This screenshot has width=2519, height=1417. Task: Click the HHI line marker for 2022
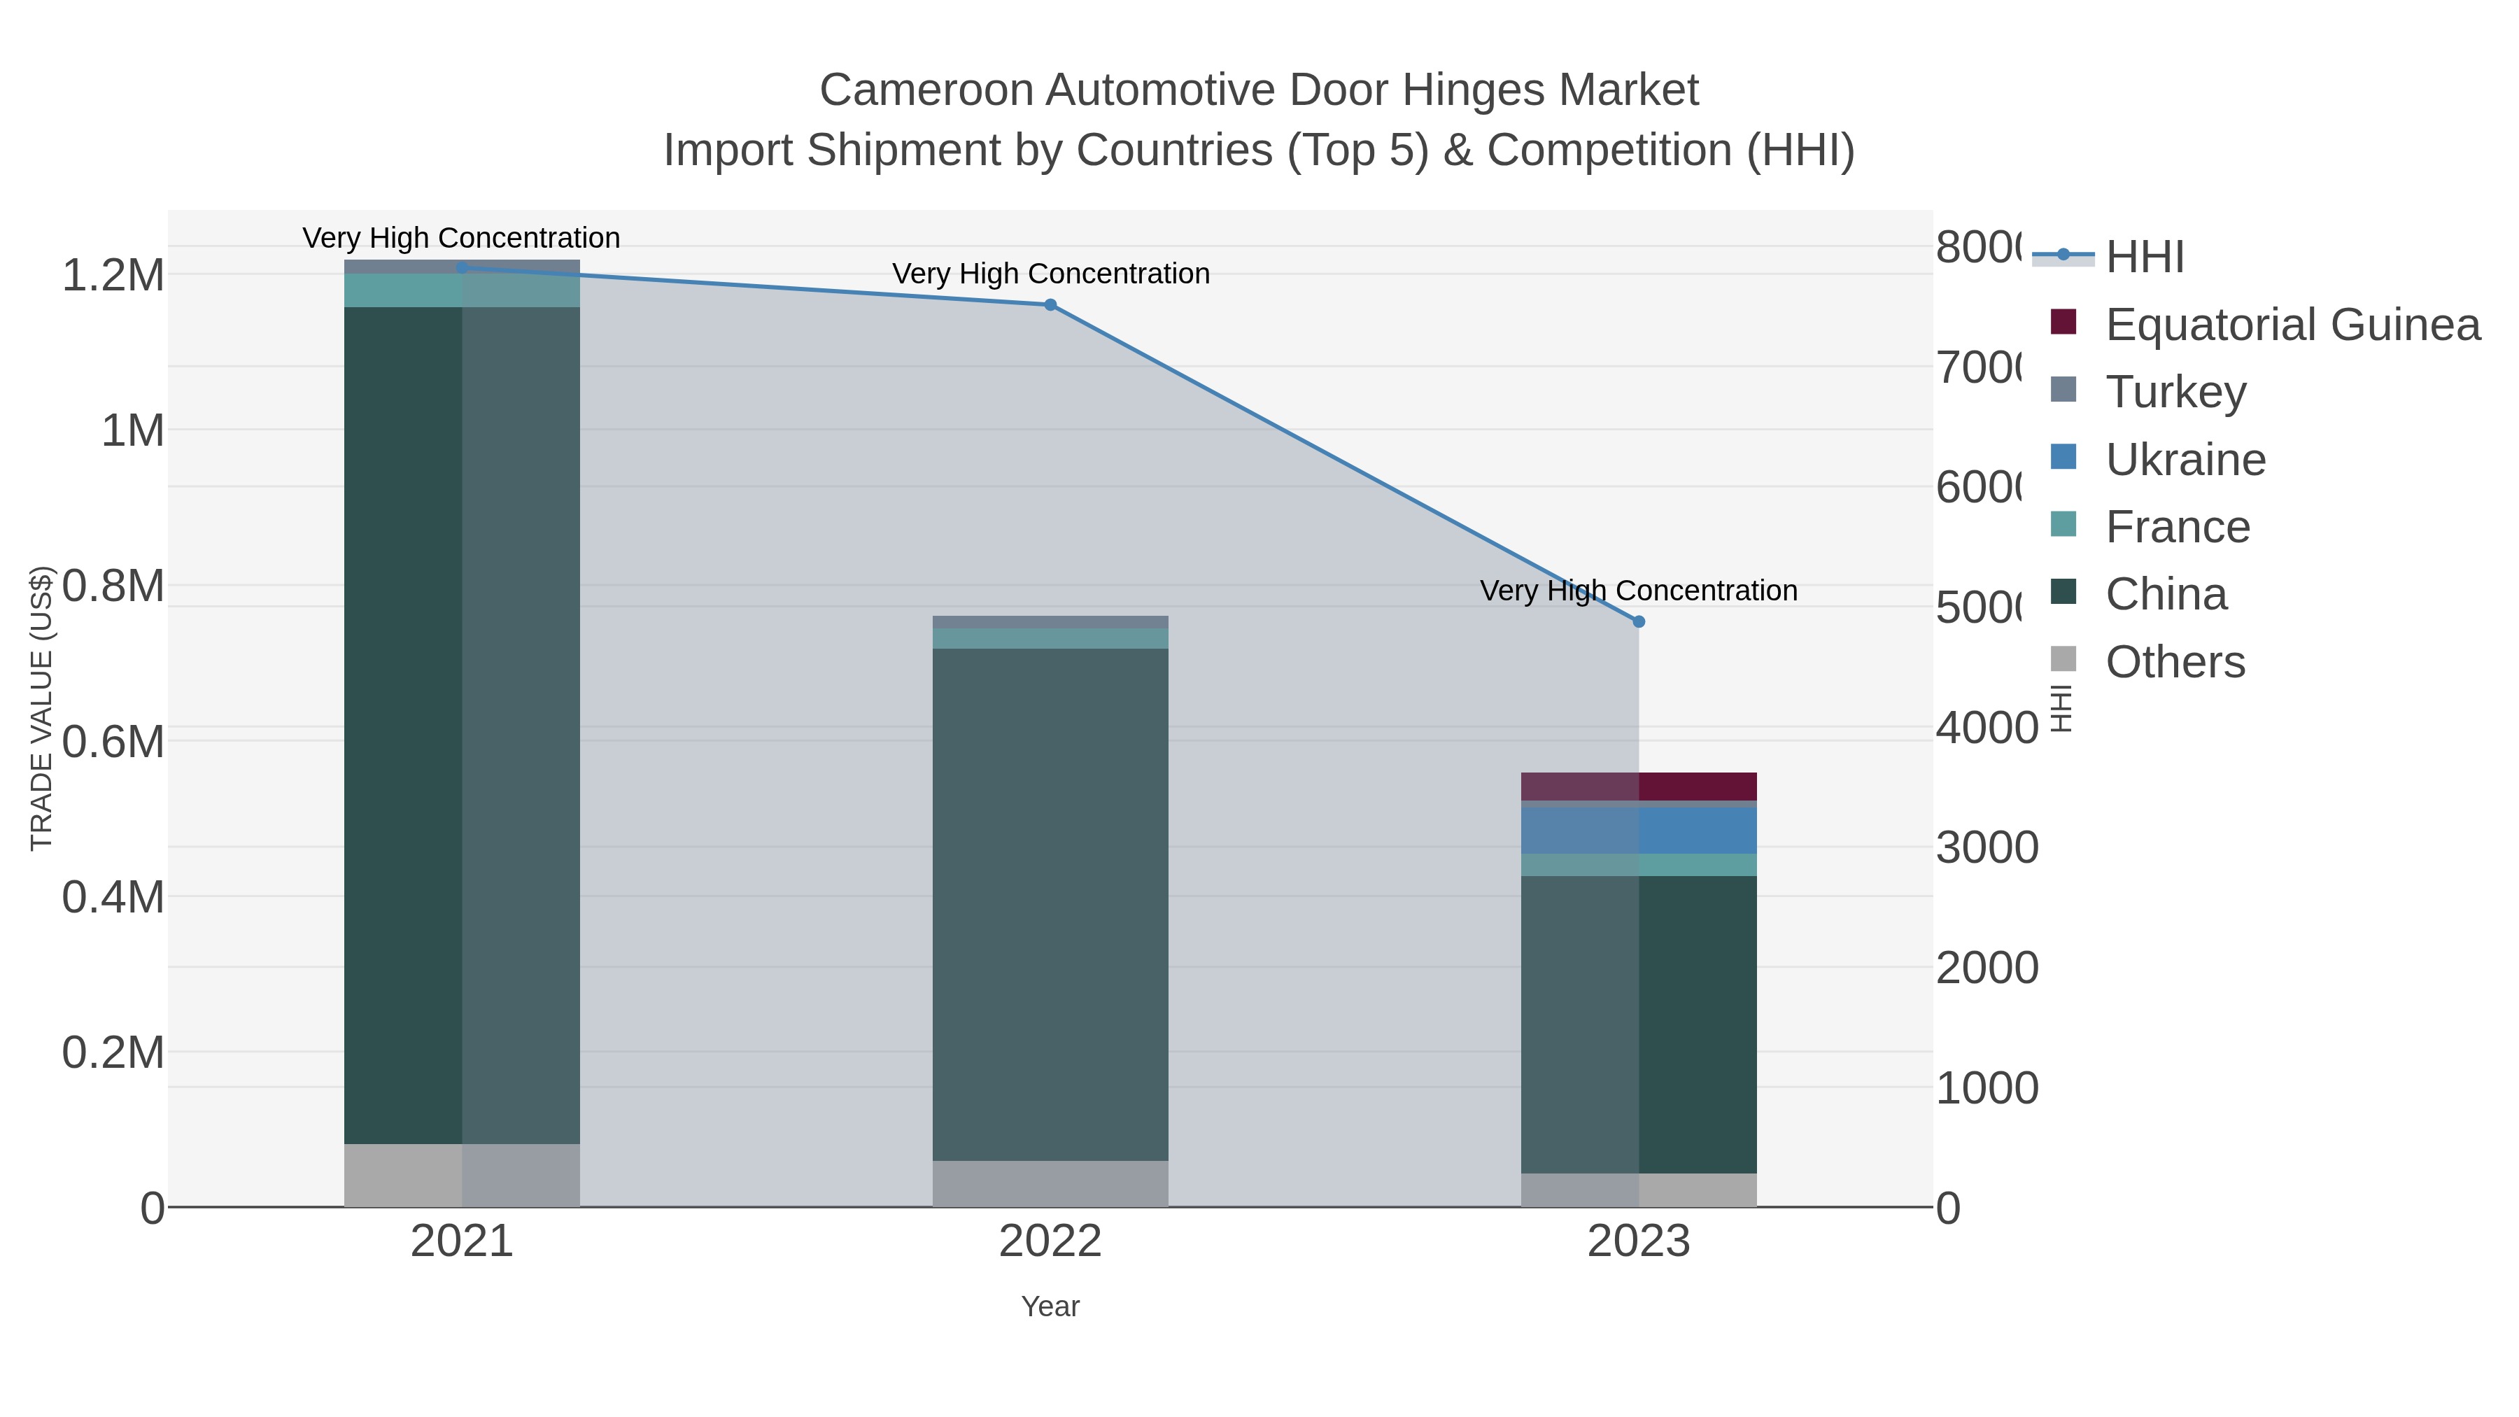(x=1050, y=305)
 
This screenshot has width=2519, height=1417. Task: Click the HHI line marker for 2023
(x=1639, y=622)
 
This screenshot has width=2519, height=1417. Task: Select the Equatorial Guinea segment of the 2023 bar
(x=1639, y=787)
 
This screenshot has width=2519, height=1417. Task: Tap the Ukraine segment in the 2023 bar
(x=1639, y=830)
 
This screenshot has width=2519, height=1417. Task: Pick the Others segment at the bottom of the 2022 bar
(x=1050, y=1183)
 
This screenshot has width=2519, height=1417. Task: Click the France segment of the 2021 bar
(x=462, y=290)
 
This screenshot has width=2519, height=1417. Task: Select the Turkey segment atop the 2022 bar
(x=1050, y=622)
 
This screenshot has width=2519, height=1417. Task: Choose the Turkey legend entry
(x=2175, y=392)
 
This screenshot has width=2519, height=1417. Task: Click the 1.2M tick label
(x=113, y=276)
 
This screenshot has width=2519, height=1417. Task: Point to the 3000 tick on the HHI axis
(x=1987, y=848)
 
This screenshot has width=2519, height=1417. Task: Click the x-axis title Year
(x=1050, y=1306)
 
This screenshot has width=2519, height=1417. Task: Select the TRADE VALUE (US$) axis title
(x=41, y=708)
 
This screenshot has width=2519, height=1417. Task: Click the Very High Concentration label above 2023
(x=1639, y=591)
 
